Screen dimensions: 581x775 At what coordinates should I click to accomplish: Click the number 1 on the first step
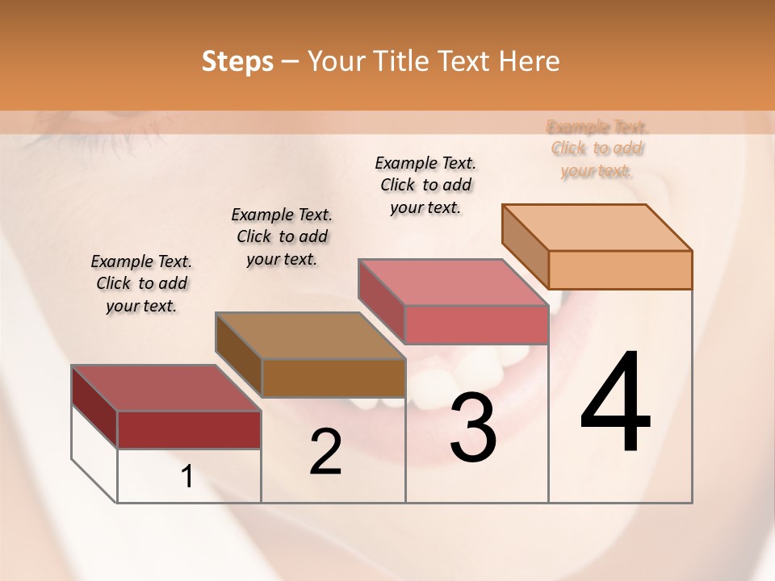(187, 477)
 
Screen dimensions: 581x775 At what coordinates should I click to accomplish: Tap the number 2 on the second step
(325, 452)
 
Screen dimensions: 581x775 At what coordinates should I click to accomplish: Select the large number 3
(473, 428)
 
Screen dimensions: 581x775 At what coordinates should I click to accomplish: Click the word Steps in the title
(237, 61)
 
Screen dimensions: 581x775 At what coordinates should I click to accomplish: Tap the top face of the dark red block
(166, 388)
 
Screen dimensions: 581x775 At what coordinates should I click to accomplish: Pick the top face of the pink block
(454, 282)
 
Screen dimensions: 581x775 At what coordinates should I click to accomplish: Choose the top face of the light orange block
(597, 228)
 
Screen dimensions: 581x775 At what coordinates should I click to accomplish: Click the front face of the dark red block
(189, 429)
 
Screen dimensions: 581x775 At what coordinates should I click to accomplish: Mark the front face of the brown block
(333, 378)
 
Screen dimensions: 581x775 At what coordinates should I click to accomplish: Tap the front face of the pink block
(476, 324)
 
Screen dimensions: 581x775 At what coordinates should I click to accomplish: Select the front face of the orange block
(620, 270)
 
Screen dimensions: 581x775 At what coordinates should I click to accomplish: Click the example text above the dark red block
(141, 283)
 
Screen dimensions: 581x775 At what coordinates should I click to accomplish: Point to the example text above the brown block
(282, 236)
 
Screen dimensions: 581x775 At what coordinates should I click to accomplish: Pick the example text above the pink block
(425, 185)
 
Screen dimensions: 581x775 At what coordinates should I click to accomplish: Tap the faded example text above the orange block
(597, 148)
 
